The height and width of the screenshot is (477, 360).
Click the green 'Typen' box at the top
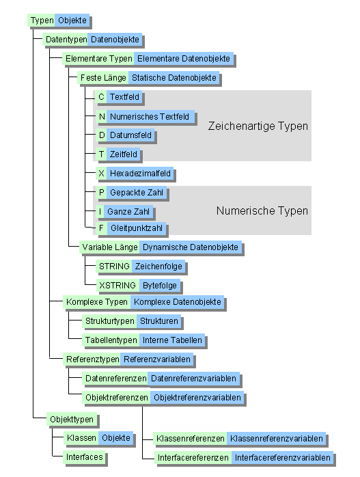(x=42, y=21)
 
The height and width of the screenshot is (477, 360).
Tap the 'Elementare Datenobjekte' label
(x=184, y=59)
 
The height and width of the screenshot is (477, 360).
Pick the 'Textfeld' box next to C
(x=124, y=98)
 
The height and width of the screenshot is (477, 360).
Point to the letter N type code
(x=102, y=117)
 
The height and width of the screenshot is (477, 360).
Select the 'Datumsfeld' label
(x=130, y=135)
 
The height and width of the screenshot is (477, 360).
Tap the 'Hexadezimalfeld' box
(x=140, y=174)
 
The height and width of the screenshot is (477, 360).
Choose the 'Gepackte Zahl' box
(x=136, y=193)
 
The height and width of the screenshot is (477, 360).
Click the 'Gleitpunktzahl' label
(x=137, y=228)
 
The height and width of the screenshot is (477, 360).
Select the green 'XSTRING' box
(x=117, y=285)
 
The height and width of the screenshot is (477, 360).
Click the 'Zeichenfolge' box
(x=158, y=266)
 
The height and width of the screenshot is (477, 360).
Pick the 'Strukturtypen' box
(x=109, y=321)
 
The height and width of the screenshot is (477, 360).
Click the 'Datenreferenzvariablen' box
(x=193, y=378)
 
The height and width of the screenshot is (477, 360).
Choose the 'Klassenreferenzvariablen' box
(x=277, y=438)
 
